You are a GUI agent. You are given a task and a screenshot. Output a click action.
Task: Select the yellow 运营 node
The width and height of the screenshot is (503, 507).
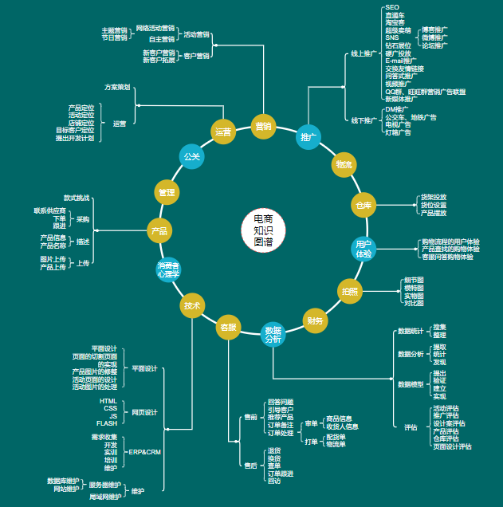pos(224,132)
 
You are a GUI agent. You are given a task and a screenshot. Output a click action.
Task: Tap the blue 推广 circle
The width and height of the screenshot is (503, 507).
pos(308,138)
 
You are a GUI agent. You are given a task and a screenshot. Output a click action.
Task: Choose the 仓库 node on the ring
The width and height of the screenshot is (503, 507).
pos(363,206)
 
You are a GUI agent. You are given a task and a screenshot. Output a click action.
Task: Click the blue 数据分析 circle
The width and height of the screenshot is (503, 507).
pos(273,334)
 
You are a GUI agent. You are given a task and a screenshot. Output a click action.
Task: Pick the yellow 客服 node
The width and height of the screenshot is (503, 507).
pos(229,326)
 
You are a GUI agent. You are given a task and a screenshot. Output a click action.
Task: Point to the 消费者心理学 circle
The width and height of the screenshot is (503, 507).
pos(168,269)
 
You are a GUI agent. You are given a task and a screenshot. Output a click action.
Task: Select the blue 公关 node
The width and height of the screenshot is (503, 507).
pos(192,156)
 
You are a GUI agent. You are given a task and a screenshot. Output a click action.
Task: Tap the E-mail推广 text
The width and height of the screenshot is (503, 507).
pos(401,61)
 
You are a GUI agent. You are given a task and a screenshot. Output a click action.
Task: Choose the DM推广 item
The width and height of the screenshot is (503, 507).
pos(397,109)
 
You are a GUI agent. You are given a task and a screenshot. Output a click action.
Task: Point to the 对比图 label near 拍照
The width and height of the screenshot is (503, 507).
pos(414,303)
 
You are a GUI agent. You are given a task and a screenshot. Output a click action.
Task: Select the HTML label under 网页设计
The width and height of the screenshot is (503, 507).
pos(108,401)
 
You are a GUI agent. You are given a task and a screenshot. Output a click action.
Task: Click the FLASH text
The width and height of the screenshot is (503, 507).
pos(107,423)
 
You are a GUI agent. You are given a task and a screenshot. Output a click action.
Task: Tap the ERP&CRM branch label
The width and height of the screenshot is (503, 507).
pos(144,452)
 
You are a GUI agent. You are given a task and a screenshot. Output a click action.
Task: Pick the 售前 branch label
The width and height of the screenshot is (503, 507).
pos(250,418)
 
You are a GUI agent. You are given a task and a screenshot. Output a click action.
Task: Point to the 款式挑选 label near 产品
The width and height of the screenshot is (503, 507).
pos(77,197)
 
